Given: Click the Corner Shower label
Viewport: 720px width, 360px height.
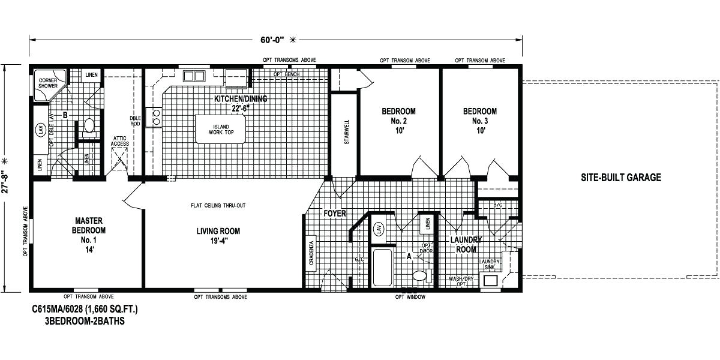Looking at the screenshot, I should [x=47, y=83].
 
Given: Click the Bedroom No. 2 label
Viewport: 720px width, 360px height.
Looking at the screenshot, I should [x=398, y=120].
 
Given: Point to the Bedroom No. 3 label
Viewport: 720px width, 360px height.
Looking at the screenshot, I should [x=479, y=120].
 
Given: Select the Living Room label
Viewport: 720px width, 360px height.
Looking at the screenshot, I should [x=218, y=235].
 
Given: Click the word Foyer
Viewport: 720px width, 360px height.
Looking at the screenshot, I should [x=334, y=214].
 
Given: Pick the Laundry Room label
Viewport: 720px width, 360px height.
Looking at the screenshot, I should [x=466, y=244].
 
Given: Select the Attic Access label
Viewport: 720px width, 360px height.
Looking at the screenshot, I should [x=120, y=141].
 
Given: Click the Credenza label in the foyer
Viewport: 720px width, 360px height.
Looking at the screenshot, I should [x=311, y=252].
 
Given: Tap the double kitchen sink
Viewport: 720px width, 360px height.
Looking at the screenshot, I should [x=194, y=76].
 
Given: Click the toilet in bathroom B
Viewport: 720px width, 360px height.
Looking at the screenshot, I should [x=89, y=125].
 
